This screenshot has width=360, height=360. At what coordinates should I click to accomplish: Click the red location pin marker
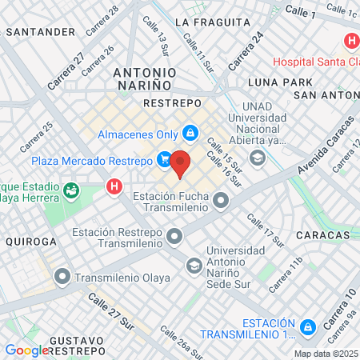click(181, 163)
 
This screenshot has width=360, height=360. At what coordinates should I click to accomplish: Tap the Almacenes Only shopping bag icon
click(190, 132)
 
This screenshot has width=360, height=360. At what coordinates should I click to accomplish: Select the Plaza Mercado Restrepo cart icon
click(164, 160)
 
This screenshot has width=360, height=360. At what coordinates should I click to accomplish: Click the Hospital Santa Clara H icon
click(350, 42)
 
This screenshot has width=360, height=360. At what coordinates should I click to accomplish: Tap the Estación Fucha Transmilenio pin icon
click(221, 202)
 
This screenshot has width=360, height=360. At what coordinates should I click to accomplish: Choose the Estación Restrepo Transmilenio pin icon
click(174, 238)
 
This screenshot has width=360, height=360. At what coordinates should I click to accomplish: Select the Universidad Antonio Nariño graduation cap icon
click(194, 265)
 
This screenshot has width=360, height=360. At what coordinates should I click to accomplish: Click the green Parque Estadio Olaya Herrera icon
click(72, 190)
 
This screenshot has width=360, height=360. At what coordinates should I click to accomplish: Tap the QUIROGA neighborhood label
click(31, 241)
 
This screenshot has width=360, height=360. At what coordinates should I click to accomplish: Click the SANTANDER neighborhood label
click(40, 32)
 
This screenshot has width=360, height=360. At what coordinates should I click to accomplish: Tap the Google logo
click(27, 350)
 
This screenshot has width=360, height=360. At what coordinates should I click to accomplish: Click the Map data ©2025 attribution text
click(325, 354)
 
